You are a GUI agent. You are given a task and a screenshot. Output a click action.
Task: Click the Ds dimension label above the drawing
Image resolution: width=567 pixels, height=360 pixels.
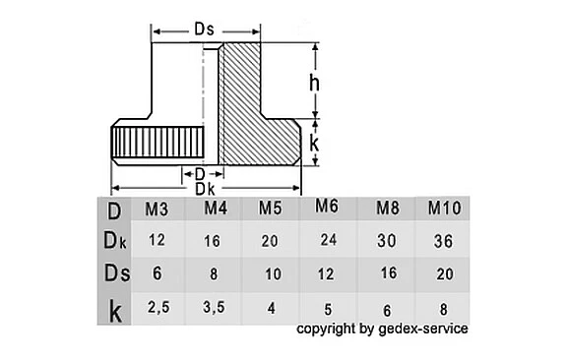tap(204, 30)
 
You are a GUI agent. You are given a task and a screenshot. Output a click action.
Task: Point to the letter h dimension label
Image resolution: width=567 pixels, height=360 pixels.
tap(315, 84)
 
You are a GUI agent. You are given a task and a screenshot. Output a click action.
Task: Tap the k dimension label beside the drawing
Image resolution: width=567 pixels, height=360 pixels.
tap(315, 144)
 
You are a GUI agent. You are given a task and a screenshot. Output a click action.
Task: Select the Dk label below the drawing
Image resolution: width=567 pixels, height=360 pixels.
tap(205, 188)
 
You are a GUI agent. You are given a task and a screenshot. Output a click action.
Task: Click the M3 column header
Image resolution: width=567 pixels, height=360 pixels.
tap(157, 210)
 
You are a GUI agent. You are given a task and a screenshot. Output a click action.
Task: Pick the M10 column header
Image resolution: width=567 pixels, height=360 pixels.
tap(443, 209)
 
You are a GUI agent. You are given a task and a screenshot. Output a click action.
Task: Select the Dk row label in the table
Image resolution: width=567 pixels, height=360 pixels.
tap(114, 240)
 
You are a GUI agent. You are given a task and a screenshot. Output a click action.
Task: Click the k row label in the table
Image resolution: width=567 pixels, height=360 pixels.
tap(114, 311)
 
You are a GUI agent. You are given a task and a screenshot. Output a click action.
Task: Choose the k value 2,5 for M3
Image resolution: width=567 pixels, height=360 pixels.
tap(157, 307)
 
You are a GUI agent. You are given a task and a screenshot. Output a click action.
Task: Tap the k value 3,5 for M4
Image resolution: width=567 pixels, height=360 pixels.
tap(214, 307)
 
